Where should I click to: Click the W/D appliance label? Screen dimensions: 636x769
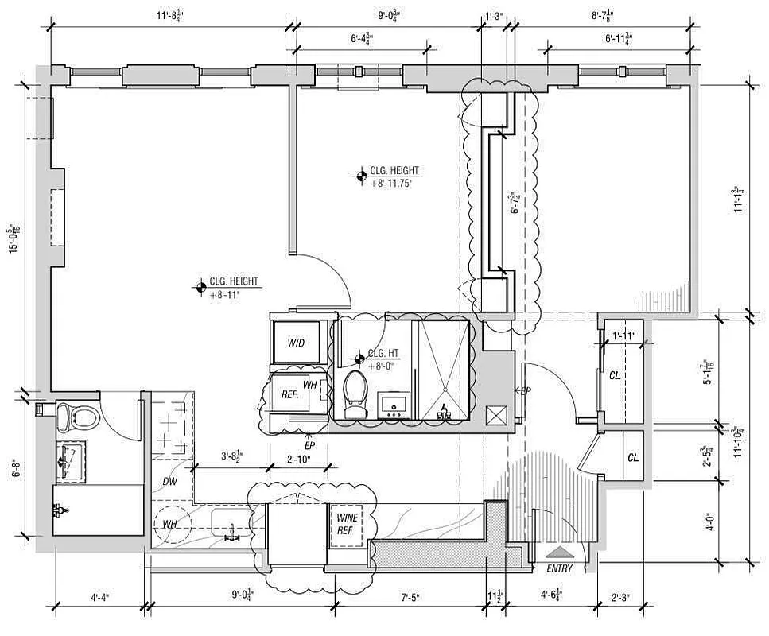coord(297,343)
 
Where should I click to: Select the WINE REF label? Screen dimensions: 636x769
coord(348,523)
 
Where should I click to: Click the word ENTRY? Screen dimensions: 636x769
coord(560,568)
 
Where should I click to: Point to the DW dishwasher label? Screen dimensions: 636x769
coord(170,481)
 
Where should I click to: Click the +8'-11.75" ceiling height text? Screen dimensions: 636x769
coord(395,183)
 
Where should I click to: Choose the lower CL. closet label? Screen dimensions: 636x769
coord(634,458)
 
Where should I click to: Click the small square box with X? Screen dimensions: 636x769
coord(497,415)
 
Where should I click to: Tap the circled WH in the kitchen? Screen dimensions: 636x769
coord(169,525)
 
